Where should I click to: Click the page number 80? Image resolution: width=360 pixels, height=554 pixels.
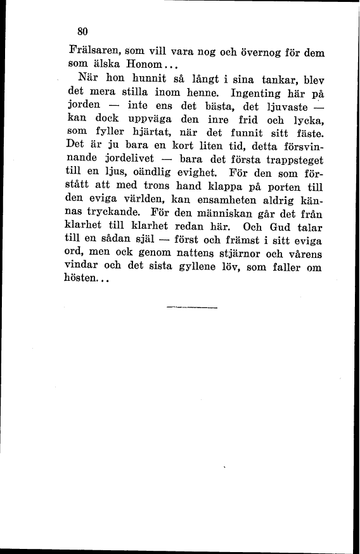81,30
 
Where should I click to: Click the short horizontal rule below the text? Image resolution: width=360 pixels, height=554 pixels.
192,307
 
